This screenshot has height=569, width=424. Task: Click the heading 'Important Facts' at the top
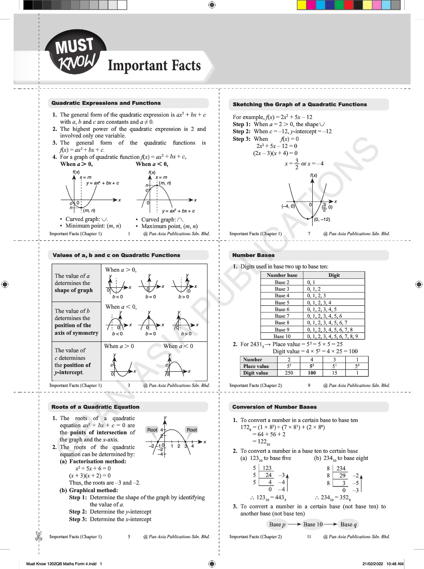[154, 65]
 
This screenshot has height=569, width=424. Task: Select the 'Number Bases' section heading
[253, 255]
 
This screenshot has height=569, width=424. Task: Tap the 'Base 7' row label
[282, 316]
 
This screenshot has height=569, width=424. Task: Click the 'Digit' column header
[334, 275]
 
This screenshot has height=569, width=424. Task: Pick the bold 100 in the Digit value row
[312, 373]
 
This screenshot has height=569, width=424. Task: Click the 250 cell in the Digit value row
[289, 373]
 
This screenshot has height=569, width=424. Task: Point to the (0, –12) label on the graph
[322, 220]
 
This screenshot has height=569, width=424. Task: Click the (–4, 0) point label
[288, 206]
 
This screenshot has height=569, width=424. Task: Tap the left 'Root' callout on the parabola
[152, 430]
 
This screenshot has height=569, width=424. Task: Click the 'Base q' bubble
[349, 524]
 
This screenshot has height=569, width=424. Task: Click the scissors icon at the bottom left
[36, 536]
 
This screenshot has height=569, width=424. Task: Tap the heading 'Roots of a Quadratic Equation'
[95, 407]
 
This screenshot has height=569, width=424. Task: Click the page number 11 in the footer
[309, 537]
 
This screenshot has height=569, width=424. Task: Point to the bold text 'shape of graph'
[73, 290]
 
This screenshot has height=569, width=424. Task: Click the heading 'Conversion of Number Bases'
[273, 407]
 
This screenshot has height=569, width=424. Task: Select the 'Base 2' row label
[282, 282]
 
